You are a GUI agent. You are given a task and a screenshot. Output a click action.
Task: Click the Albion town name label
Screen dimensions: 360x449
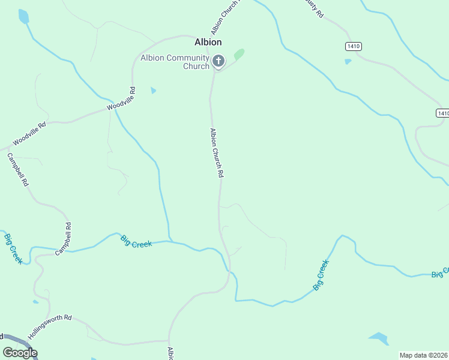coord(208,42)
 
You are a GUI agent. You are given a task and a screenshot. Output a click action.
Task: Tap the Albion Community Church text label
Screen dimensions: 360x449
coord(175,62)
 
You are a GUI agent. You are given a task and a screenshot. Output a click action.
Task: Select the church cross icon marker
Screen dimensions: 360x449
coord(218,61)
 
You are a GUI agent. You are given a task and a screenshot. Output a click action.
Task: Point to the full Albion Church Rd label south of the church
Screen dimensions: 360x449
coord(217,152)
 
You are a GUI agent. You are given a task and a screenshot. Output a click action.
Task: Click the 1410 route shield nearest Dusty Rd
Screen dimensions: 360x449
coord(354,46)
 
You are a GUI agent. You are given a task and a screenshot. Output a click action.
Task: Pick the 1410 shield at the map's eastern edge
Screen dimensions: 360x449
coord(442,113)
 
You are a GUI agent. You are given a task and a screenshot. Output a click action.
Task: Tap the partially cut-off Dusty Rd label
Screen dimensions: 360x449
coord(313,7)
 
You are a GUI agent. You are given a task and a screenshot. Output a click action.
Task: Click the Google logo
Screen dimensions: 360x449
coord(20,353)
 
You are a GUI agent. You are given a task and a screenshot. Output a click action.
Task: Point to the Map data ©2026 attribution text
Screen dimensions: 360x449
coord(424,355)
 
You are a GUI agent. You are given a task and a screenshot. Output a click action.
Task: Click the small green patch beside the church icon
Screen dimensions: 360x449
coord(239,55)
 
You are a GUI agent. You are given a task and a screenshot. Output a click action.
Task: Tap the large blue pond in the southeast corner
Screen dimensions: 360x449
coord(379,338)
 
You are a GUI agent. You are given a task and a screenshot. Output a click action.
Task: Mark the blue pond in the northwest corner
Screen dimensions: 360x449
coord(23,16)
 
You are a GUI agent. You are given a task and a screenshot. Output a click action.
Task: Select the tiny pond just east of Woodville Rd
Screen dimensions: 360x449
coord(154,91)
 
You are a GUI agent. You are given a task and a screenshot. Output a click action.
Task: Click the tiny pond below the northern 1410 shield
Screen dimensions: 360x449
coord(348,61)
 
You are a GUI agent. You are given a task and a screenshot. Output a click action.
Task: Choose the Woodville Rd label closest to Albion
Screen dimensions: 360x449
coord(122,98)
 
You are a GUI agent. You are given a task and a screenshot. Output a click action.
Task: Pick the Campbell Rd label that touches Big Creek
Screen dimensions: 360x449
coord(64,239)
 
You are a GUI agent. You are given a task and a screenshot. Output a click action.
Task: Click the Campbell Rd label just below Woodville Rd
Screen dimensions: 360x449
coord(17,170)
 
